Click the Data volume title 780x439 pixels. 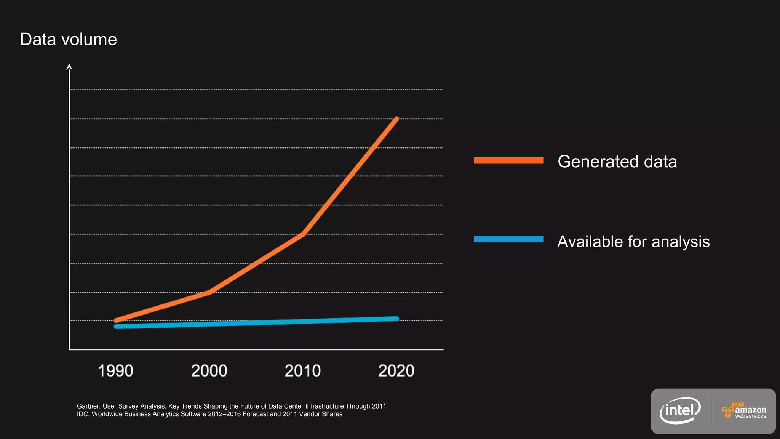(x=68, y=40)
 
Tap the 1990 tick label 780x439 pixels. (x=115, y=371)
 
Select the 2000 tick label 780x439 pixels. (x=209, y=371)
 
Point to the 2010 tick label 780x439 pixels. (x=303, y=371)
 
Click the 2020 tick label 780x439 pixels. (x=396, y=371)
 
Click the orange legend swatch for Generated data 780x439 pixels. (x=508, y=160)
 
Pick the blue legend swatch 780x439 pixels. (x=508, y=239)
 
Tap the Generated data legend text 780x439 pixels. (x=617, y=162)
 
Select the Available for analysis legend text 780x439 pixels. (x=633, y=242)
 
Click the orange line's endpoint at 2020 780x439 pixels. (x=396, y=119)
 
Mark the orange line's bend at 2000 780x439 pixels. (x=209, y=292)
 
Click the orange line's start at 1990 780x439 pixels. (x=116, y=320)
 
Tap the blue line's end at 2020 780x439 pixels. (x=396, y=319)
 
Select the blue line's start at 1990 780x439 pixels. (x=116, y=327)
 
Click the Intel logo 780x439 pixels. (x=680, y=410)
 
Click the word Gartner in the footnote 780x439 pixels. (x=88, y=406)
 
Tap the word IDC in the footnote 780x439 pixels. (x=83, y=414)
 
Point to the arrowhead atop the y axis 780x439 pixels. (x=69, y=67)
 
